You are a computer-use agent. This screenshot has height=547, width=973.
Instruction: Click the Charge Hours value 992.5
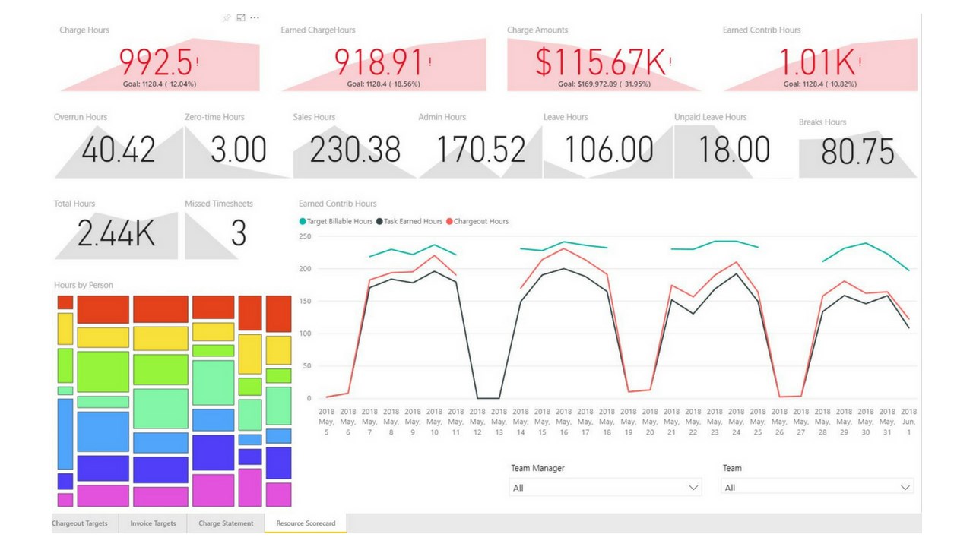coord(156,62)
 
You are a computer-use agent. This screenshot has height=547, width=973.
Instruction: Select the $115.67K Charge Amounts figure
coord(601,62)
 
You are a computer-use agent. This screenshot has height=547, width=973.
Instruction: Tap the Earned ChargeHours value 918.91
coord(379,62)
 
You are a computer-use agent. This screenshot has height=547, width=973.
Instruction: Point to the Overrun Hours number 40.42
coord(119,150)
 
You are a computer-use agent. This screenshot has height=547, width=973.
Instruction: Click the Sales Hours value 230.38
coord(355,150)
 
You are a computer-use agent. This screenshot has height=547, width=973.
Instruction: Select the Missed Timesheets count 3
coord(239,234)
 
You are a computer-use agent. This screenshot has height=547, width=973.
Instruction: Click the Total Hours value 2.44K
coord(116,234)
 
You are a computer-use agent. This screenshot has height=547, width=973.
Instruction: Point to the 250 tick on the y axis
coord(305,237)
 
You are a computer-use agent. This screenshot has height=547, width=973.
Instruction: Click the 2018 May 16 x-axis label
coord(563,422)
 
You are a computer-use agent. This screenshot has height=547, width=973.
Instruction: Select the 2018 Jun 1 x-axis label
coord(908,422)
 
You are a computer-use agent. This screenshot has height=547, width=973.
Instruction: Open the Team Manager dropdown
coord(604,487)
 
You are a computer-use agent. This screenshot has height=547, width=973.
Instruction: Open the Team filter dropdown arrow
coord(905,487)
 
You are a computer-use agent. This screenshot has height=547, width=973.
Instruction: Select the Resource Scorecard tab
coord(306,523)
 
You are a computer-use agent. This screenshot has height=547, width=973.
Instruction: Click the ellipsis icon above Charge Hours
coord(255,17)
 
